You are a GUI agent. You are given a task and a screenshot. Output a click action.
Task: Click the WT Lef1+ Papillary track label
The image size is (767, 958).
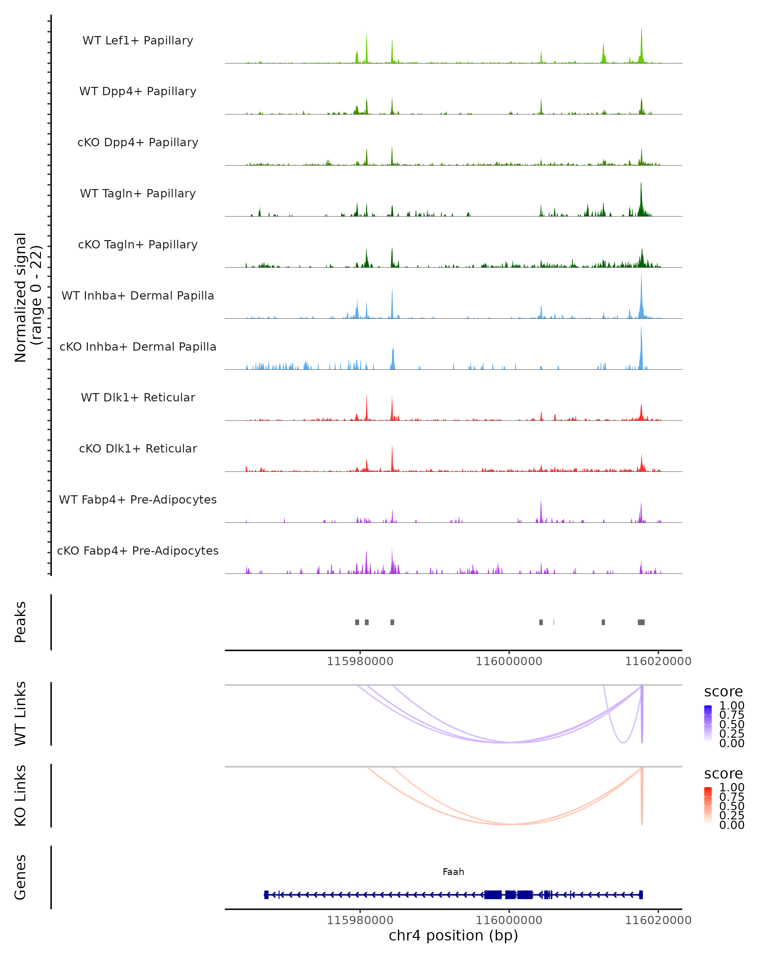pyautogui.click(x=138, y=41)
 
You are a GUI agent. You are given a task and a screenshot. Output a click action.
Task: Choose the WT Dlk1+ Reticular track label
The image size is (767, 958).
pyautogui.click(x=138, y=397)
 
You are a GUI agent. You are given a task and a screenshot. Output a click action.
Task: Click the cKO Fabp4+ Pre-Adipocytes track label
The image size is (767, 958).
pyautogui.click(x=138, y=551)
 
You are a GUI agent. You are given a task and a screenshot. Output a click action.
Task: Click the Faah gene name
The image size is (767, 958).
pyautogui.click(x=453, y=872)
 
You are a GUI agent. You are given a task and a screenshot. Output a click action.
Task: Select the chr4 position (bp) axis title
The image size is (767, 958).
pyautogui.click(x=453, y=935)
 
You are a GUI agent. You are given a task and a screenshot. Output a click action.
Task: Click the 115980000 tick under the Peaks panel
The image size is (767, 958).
pyautogui.click(x=360, y=661)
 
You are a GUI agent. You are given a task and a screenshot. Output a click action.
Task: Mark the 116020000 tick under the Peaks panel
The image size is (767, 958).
pyautogui.click(x=658, y=661)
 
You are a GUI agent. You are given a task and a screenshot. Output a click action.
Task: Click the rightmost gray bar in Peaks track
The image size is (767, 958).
pyautogui.click(x=641, y=622)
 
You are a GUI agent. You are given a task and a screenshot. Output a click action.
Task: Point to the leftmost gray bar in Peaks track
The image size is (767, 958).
pyautogui.click(x=357, y=622)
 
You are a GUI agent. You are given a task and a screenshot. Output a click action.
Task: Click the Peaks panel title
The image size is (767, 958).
pyautogui.click(x=20, y=622)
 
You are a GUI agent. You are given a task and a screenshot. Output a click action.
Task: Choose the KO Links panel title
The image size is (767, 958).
pyautogui.click(x=20, y=795)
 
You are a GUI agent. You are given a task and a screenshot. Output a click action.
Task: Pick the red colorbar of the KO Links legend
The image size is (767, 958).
pyautogui.click(x=708, y=806)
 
